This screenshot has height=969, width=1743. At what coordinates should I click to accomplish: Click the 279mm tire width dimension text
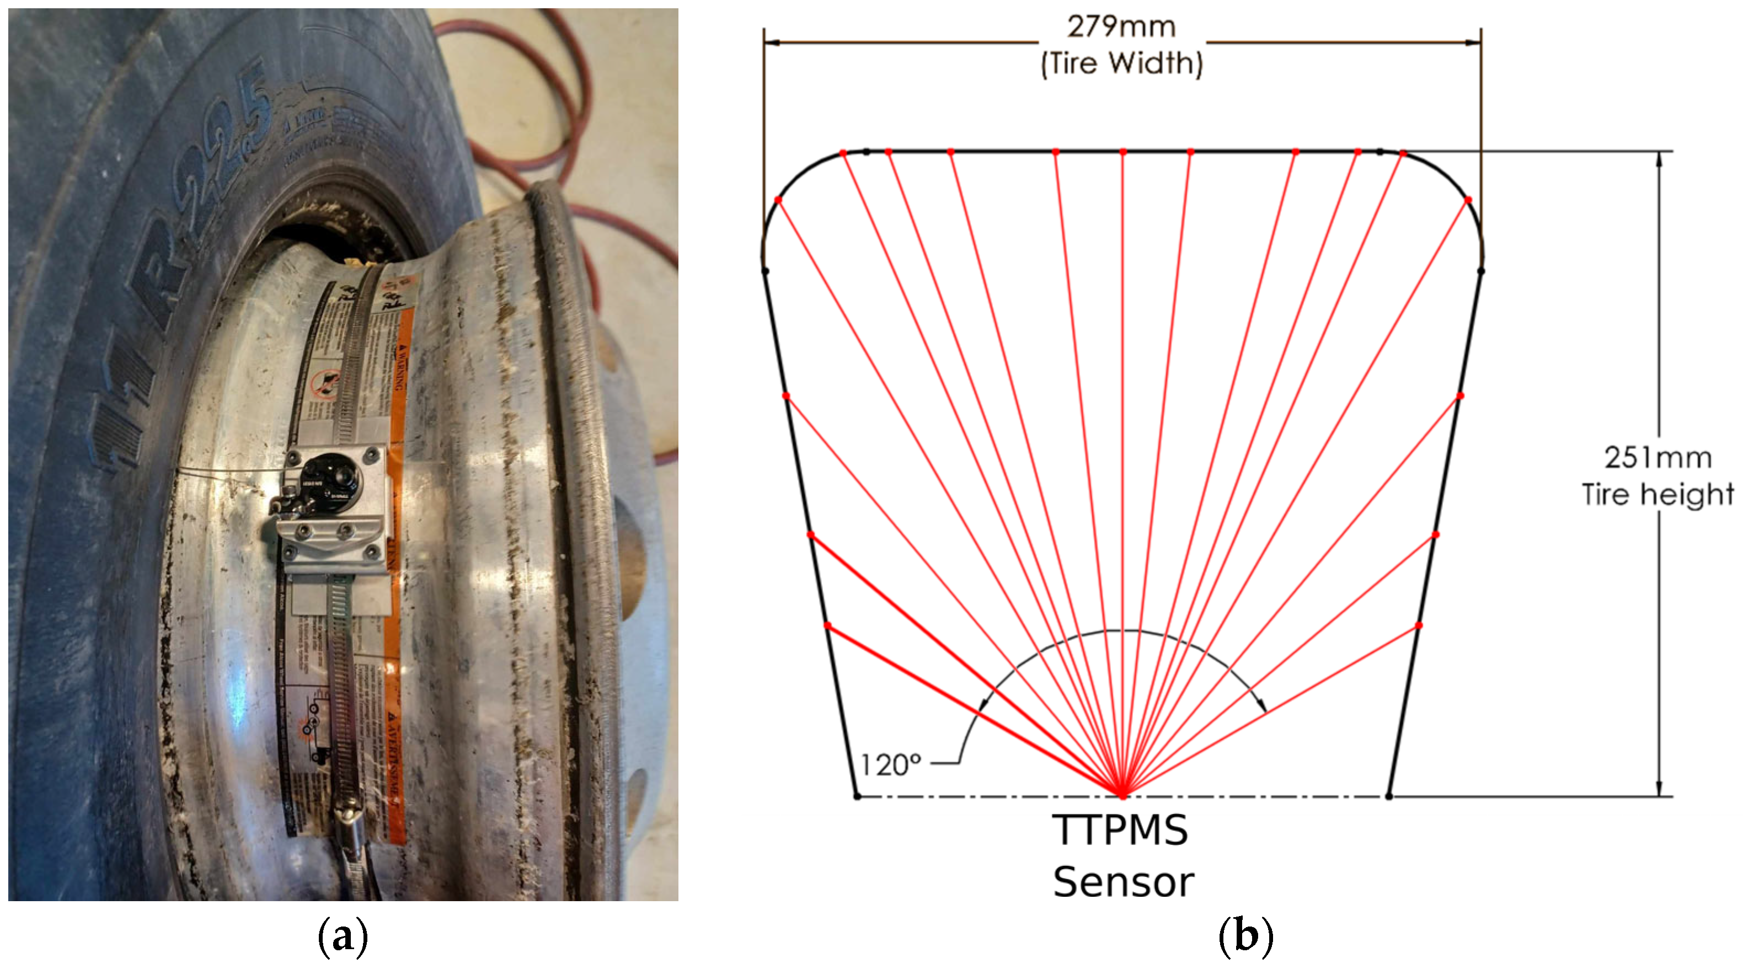coord(1121,27)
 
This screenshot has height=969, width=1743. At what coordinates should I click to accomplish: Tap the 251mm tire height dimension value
coord(1658,458)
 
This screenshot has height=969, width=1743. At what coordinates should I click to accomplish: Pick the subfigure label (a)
coord(343,937)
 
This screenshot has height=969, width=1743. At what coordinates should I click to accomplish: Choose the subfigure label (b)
coord(1245,937)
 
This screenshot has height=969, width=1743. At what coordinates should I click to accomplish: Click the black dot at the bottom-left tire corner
coord(857,796)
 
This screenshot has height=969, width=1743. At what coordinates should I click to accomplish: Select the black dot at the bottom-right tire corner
coord(1388,796)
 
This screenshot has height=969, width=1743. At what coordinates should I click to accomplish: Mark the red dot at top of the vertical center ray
coord(1123,152)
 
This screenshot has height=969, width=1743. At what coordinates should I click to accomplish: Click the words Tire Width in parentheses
coord(1121,63)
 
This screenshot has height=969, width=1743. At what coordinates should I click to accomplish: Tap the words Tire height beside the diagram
coord(1658,495)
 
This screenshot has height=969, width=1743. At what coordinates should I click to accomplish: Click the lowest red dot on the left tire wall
coord(827,626)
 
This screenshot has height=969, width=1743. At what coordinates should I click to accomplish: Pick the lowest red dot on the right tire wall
coord(1419,626)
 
